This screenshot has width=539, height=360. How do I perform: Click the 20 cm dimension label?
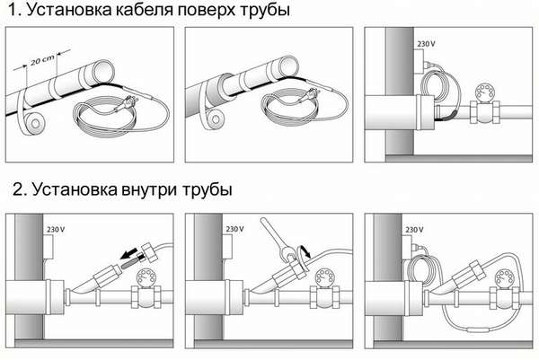(x=42, y=60)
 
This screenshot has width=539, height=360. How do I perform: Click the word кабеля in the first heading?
(x=145, y=10)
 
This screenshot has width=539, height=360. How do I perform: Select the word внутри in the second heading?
(x=149, y=189)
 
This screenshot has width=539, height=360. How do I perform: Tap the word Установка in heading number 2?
(x=75, y=189)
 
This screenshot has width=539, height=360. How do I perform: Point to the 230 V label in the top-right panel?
(x=426, y=44)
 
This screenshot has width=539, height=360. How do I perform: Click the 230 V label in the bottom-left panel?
(x=56, y=230)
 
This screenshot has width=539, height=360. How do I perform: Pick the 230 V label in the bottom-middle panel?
(x=234, y=229)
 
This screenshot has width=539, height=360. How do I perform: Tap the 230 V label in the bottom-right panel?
(x=414, y=230)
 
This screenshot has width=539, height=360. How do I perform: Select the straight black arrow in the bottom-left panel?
(x=129, y=255)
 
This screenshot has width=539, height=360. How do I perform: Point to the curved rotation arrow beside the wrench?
(x=304, y=251)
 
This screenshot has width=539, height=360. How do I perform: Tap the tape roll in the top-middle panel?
(x=212, y=117)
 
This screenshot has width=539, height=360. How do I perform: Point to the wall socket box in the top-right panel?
(x=419, y=61)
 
